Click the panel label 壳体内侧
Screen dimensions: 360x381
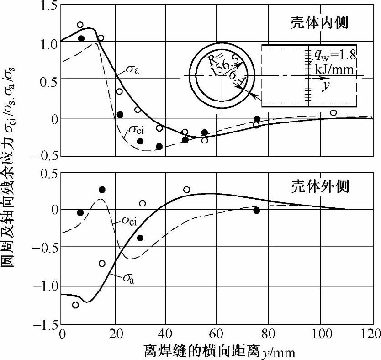pyautogui.click(x=320, y=23)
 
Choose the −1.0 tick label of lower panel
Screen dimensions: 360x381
pyautogui.click(x=44, y=286)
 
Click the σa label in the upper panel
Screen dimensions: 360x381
pyautogui.click(x=133, y=70)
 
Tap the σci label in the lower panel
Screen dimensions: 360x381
pyautogui.click(x=130, y=221)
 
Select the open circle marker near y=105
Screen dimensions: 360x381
pyautogui.click(x=333, y=113)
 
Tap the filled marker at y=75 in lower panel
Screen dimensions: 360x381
pyautogui.click(x=257, y=211)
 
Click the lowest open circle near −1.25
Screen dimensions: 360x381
pyautogui.click(x=75, y=305)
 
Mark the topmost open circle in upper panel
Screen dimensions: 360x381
pyautogui.click(x=80, y=25)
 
